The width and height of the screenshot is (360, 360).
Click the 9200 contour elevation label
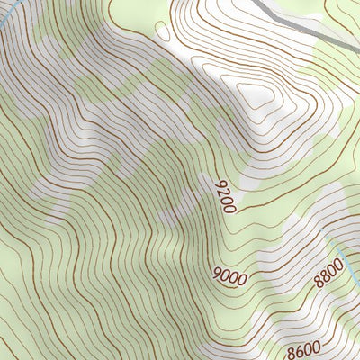click(x=225, y=195)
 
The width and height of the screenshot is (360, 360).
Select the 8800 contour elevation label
click(x=329, y=271)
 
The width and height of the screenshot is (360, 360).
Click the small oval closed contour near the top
click(x=163, y=30)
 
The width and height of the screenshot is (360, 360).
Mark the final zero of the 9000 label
click(x=242, y=274)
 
